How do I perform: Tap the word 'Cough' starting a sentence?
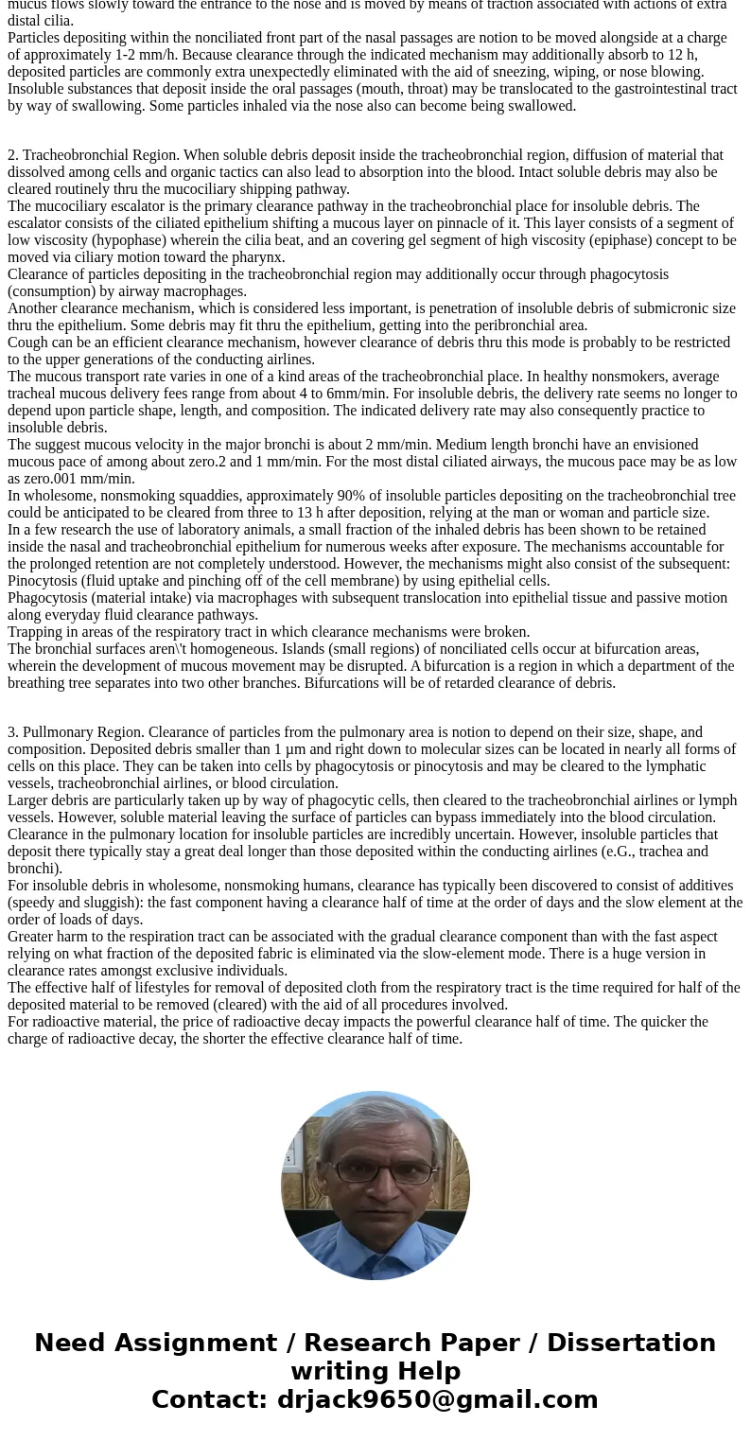coord(26,343)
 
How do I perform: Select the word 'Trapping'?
coord(34,632)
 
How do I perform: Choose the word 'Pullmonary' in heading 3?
coord(56,732)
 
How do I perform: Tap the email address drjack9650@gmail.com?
coord(437,1399)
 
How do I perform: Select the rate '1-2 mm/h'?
coord(190,55)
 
